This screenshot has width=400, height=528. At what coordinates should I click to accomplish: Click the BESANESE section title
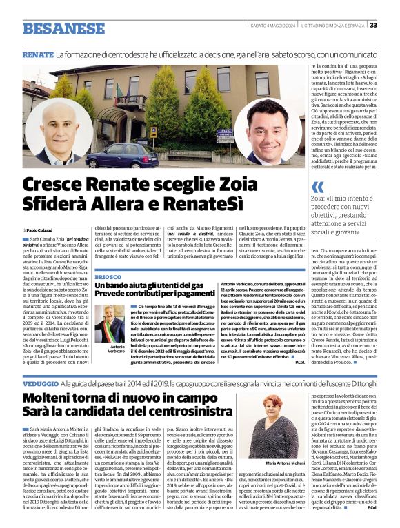[x=60, y=28]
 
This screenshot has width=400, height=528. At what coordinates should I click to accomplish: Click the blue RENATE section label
[x=38, y=54]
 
